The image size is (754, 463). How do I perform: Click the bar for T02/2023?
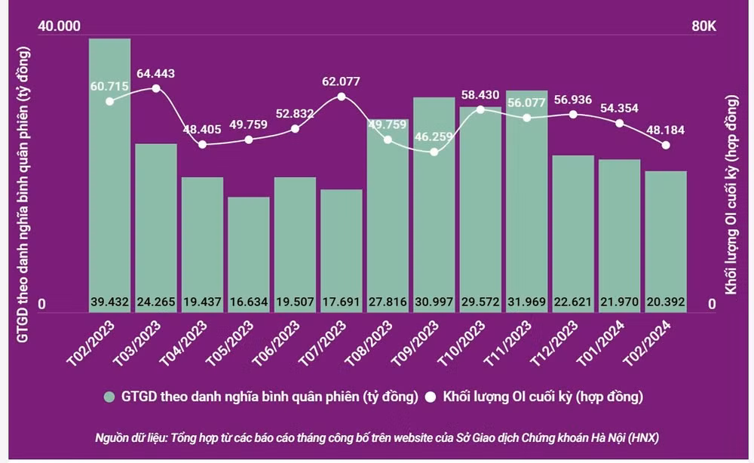pyautogui.click(x=109, y=176)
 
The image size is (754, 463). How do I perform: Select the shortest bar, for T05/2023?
pyautogui.click(x=249, y=255)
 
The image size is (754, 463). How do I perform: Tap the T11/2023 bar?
pyautogui.click(x=526, y=201)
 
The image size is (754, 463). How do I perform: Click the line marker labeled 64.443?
pyautogui.click(x=156, y=88)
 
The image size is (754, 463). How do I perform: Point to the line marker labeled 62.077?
pyautogui.click(x=342, y=97)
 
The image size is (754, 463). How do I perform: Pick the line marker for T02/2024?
pyautogui.click(x=666, y=146)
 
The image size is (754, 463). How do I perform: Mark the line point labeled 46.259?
pyautogui.click(x=434, y=152)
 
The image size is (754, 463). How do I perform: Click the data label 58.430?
pyautogui.click(x=480, y=95)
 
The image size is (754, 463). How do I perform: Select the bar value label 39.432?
pyautogui.click(x=109, y=302)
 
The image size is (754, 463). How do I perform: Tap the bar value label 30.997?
pyautogui.click(x=434, y=302)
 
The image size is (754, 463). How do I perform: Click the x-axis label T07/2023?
pyautogui.click(x=322, y=343)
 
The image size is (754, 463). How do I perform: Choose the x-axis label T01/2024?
pyautogui.click(x=600, y=343)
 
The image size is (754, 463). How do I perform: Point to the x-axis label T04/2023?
pyautogui.click(x=183, y=343)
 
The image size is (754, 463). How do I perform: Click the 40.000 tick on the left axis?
pyautogui.click(x=59, y=26)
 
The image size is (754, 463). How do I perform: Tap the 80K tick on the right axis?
pyautogui.click(x=703, y=26)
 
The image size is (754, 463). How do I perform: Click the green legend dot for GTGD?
pyautogui.click(x=109, y=397)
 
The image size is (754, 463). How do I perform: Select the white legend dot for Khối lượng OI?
pyautogui.click(x=431, y=397)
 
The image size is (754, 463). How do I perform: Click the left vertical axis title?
pyautogui.click(x=23, y=195)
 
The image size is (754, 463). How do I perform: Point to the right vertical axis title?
pyautogui.click(x=731, y=195)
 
